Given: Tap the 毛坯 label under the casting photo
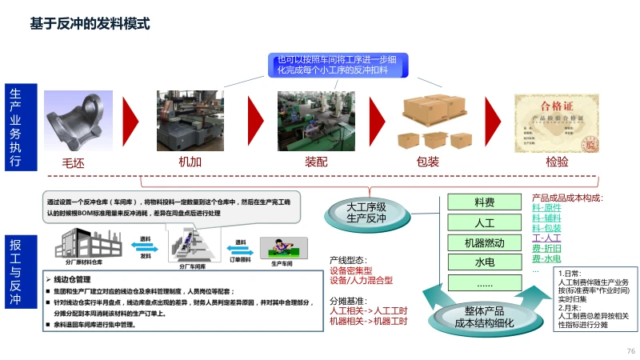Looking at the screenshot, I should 73,162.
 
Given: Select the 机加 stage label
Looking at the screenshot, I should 189,162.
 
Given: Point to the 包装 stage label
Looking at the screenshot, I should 428,162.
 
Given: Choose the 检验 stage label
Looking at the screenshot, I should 557,162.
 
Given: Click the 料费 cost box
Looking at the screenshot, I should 485,203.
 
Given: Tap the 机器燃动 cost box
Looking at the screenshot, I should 485,242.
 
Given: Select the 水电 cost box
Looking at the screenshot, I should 485,262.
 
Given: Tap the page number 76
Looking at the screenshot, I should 630,351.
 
